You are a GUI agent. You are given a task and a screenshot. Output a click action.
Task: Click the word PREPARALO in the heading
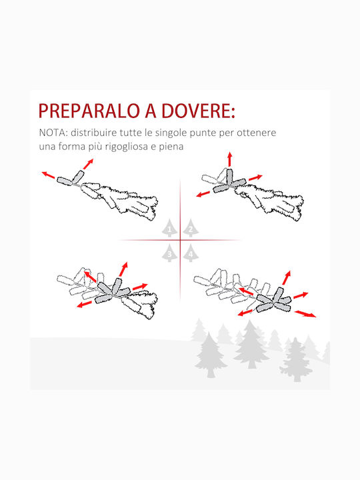pyautogui.click(x=89, y=111)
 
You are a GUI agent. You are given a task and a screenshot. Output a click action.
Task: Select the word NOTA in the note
pyautogui.click(x=53, y=133)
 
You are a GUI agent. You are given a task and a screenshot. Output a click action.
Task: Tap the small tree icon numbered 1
pyautogui.click(x=169, y=228)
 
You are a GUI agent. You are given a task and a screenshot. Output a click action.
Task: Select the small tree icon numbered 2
pyautogui.click(x=191, y=228)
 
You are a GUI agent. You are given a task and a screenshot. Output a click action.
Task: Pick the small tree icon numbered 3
pyautogui.click(x=169, y=253)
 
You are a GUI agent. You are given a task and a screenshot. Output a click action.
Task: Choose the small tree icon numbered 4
pyautogui.click(x=191, y=253)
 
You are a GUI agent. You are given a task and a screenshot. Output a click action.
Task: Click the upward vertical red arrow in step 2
pyautogui.click(x=229, y=159)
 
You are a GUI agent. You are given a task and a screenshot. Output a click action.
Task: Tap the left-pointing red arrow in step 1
pyautogui.click(x=49, y=175)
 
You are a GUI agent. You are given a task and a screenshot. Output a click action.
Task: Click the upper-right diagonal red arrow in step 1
pyautogui.click(x=88, y=164)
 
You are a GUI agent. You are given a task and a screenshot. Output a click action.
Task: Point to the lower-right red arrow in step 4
pyautogui.click(x=305, y=314)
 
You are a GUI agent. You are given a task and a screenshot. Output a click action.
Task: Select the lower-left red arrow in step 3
pyautogui.click(x=85, y=304)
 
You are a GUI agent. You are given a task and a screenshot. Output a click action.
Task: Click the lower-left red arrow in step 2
pyautogui.click(x=203, y=194)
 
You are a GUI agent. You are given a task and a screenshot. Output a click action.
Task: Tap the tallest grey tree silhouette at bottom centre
pyautogui.click(x=251, y=344)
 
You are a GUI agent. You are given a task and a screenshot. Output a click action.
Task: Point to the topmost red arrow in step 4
pyautogui.click(x=286, y=277)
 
